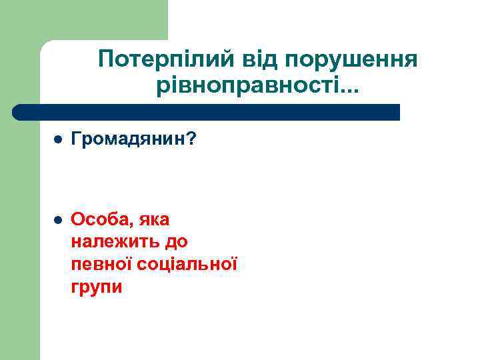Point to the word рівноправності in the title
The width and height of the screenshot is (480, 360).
238,86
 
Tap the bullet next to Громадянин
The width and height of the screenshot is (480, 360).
57,141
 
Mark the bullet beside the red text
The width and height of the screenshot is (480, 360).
57,219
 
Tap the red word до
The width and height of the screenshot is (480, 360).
174,242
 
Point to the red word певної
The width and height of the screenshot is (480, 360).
101,265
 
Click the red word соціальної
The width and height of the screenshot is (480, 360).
187,265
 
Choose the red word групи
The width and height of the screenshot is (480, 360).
96,288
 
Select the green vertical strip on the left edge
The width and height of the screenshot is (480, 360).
19,233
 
